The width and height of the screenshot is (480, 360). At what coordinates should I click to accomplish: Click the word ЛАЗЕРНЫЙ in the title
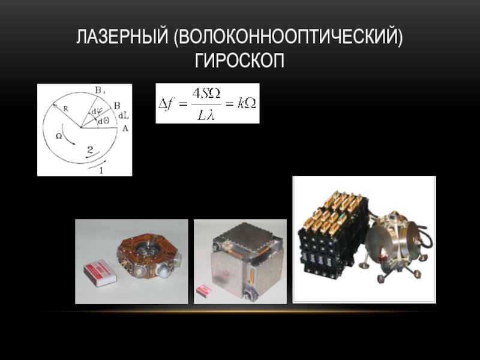coord(122,37)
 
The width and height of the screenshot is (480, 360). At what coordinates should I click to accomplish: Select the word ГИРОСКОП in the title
coord(239,61)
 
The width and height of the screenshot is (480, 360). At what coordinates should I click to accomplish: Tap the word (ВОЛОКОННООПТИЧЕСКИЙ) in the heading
coord(288,38)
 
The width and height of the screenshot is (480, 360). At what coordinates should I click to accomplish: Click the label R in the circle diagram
coord(66,109)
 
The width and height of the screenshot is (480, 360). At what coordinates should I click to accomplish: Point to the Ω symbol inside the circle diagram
coord(59,136)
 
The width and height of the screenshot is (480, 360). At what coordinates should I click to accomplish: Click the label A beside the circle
coord(125,128)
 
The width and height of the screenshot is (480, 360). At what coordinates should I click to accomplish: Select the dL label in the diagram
coord(124,116)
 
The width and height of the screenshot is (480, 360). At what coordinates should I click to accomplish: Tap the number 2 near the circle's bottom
coord(90,149)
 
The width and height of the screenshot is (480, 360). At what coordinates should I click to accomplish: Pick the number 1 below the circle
coord(101,170)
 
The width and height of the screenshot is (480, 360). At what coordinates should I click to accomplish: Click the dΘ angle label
coord(103,121)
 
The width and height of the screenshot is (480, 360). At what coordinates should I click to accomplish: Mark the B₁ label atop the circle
coord(100,91)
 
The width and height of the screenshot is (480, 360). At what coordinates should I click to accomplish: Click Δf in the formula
coord(166,104)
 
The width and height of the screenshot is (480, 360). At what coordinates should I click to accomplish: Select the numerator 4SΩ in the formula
coord(206,94)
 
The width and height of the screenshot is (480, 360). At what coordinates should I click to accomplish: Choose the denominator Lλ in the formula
coord(206,115)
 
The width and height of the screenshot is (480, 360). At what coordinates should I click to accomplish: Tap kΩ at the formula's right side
coord(247,104)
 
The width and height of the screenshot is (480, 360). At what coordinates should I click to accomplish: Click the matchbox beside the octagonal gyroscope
coord(100,272)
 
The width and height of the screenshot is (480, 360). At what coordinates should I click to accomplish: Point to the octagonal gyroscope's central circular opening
coord(148,250)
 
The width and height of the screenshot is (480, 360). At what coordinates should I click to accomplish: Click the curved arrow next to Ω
coord(68,134)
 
